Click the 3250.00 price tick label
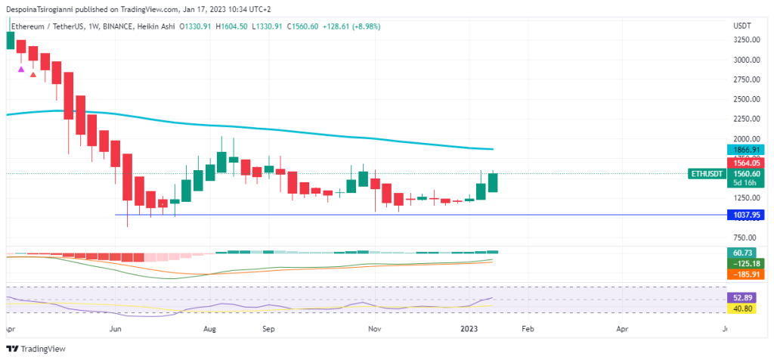pos(747,39)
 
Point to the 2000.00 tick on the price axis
pos(747,139)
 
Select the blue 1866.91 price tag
pos(742,151)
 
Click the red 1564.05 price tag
pos(742,163)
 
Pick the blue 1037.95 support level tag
pos(742,215)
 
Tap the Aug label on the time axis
pos(211,330)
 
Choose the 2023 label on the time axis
pos(469,330)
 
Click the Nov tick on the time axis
pos(373,330)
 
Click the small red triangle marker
pos(33,74)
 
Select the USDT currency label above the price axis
pos(741,26)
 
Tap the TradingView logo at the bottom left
pos(37,349)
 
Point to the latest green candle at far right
pos(492,182)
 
